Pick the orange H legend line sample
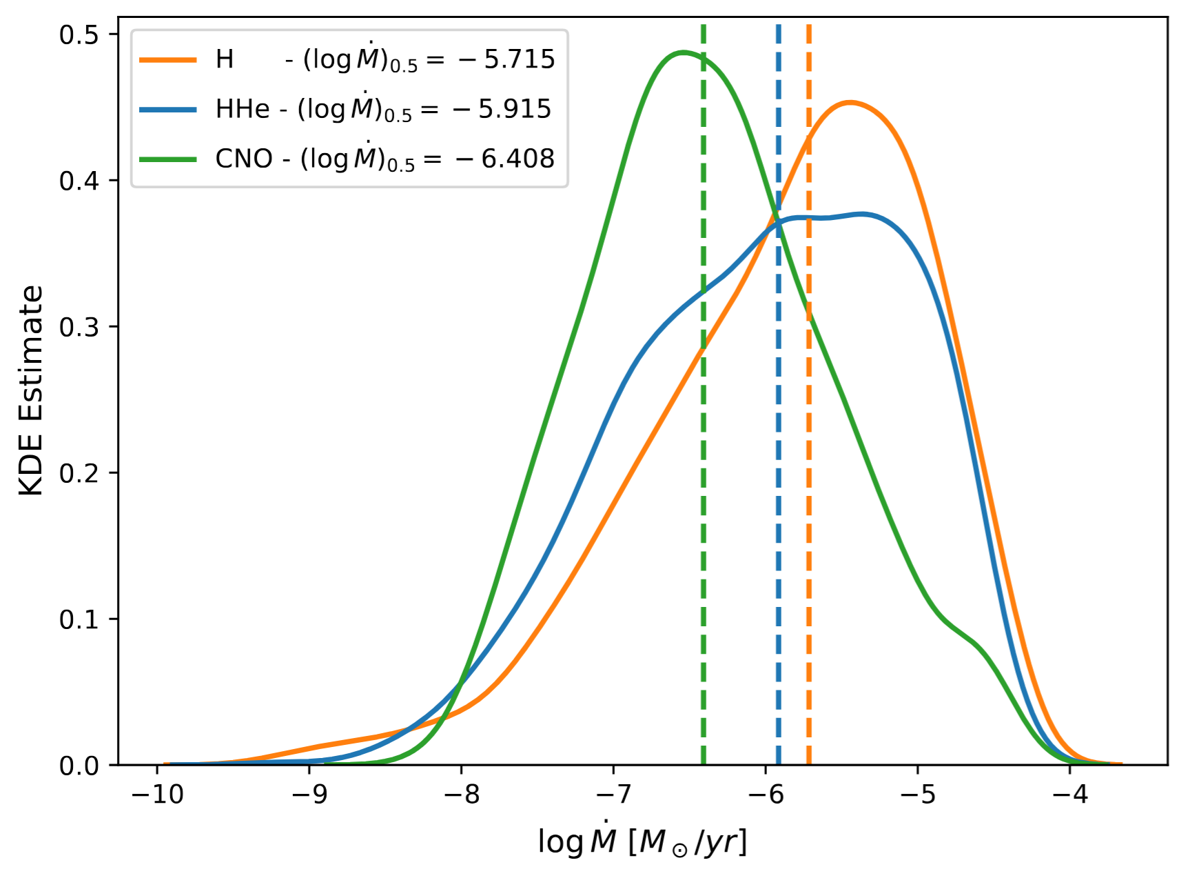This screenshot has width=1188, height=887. point(168,59)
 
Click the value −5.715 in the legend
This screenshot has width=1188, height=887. point(519,59)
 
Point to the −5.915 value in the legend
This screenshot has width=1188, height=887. point(515,109)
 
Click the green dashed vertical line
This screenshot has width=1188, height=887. point(704,483)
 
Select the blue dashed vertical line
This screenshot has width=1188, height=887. point(778,483)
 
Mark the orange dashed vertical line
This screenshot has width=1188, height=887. point(808,483)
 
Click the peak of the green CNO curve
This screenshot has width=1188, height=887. point(683,52)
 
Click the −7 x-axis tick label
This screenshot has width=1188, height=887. point(613,795)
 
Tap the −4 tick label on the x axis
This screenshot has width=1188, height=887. point(1070,795)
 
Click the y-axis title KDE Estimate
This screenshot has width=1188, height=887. point(31,390)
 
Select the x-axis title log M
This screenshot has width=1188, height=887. point(642,841)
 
